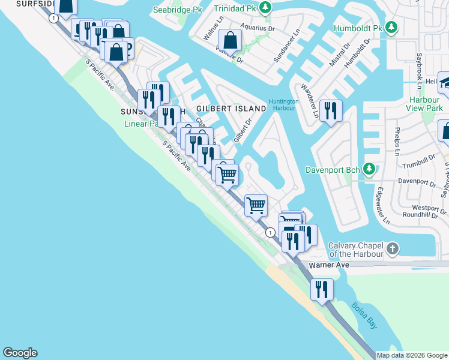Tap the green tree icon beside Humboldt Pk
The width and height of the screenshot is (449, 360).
[391, 28]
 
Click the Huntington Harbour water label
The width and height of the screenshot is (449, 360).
[283, 104]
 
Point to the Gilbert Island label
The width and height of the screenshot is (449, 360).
[231, 109]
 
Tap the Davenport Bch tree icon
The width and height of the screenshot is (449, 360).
[369, 169]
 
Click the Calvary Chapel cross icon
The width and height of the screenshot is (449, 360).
[392, 248]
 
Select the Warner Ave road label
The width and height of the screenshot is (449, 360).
[328, 265]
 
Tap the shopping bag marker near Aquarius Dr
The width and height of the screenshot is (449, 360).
[231, 41]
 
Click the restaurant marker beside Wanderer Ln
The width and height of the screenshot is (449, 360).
[330, 111]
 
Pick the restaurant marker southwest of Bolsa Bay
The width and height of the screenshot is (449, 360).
[322, 290]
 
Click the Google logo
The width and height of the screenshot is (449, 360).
[20, 353]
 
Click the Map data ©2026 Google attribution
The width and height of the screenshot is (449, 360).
[412, 355]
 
